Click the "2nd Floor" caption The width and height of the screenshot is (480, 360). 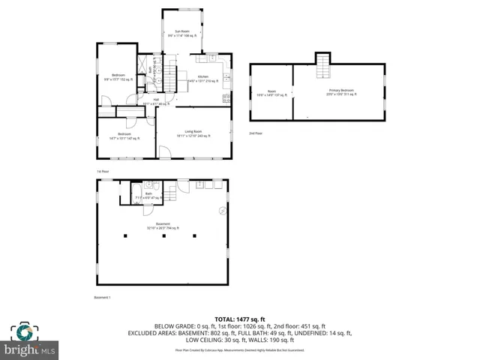pyautogui.click(x=256, y=133)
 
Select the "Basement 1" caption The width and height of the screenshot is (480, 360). pyautogui.click(x=102, y=298)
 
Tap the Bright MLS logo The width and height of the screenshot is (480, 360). pyautogui.click(x=31, y=341)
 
